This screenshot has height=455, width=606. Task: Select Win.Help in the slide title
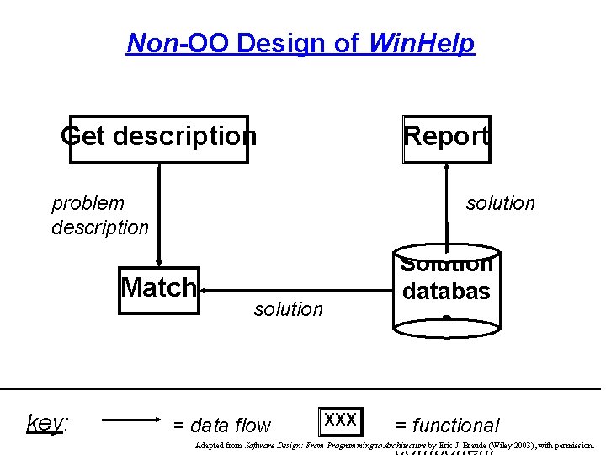pos(422,43)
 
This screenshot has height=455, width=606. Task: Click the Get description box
pos(159,138)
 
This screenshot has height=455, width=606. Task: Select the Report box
pos(446,138)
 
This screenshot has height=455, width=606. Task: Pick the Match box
pos(158,290)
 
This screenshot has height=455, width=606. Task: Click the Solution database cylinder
pos(446,288)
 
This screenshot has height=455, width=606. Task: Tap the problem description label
pos(99,215)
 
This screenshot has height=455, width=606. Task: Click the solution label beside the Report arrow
pos(500,203)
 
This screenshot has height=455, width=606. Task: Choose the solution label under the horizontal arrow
pos(288,310)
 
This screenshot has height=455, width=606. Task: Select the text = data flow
pos(221,426)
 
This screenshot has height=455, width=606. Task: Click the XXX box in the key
pos(340,420)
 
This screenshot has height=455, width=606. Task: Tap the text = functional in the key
pos(447,426)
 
